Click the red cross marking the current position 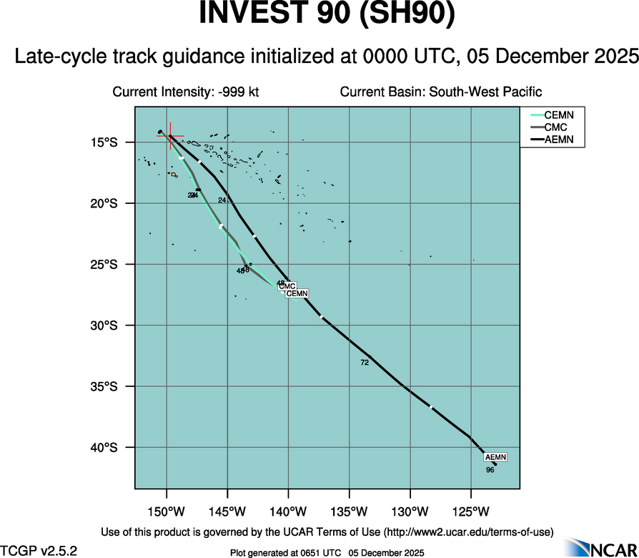pyautogui.click(x=170, y=136)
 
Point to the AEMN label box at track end pyautogui.click(x=495, y=457)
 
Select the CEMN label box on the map pyautogui.click(x=297, y=293)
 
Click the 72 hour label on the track pyautogui.click(x=365, y=363)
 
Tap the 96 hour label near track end pyautogui.click(x=490, y=470)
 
